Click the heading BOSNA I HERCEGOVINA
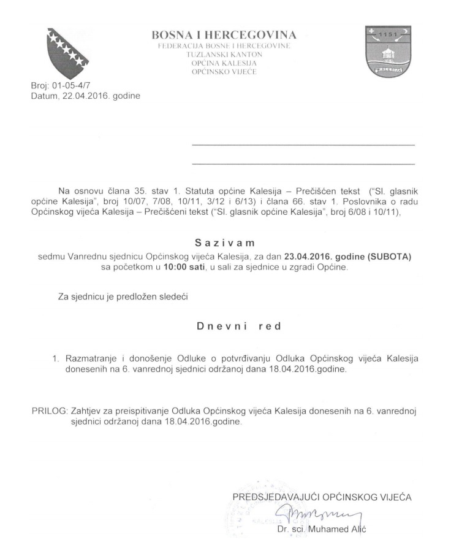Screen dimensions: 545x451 tap(225, 34)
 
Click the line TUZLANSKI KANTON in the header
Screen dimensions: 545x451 tap(225, 55)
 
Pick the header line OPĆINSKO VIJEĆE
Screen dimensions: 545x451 tap(225, 72)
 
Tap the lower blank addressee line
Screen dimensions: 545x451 tap(303, 164)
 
